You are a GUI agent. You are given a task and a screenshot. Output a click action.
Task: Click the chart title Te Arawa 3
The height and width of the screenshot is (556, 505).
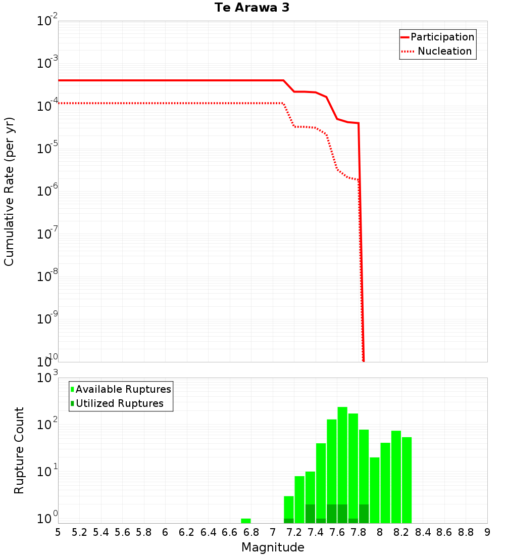(251, 8)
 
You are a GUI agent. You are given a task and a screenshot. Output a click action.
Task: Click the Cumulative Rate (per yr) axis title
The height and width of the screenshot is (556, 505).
(9, 192)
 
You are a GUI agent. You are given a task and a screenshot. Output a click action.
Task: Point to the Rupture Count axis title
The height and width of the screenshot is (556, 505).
(19, 450)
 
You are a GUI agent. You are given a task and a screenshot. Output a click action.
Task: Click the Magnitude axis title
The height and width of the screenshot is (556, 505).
(273, 547)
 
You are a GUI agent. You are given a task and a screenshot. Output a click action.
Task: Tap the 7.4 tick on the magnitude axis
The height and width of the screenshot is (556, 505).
(316, 532)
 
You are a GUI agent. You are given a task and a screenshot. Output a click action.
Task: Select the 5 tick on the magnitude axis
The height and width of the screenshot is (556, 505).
(58, 532)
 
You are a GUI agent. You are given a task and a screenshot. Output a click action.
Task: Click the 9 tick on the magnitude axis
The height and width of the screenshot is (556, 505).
(487, 532)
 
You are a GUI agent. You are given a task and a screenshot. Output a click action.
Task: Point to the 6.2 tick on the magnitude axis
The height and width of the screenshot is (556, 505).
(187, 532)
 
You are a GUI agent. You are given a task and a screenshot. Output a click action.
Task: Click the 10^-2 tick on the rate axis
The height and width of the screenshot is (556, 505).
(47, 22)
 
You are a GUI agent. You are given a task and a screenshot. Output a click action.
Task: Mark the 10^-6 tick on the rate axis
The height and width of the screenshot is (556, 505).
(47, 192)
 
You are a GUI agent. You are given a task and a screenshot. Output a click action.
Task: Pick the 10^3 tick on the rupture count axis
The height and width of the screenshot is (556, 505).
(47, 378)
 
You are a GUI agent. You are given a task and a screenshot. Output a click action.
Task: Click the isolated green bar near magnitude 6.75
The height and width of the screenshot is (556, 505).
(246, 521)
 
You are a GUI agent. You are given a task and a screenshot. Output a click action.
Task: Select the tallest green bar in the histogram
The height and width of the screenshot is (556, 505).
(342, 465)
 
